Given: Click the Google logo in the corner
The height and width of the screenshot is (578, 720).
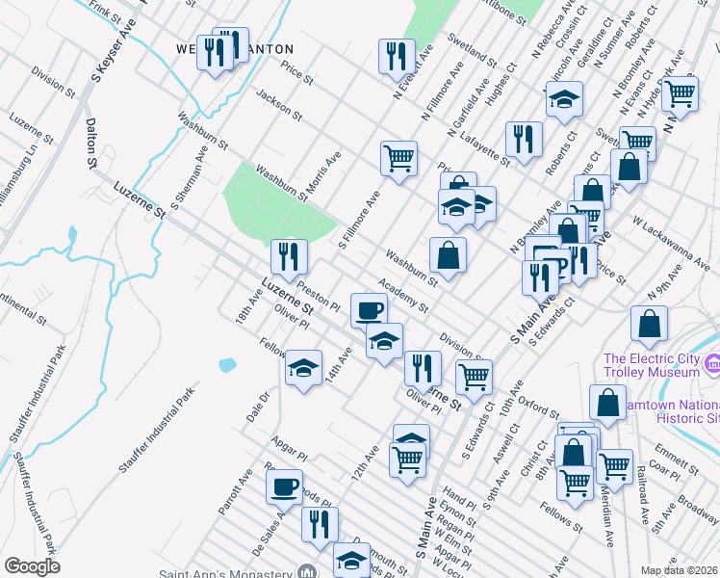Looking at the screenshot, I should click(32, 566).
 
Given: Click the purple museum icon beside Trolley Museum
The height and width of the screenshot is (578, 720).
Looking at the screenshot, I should click(711, 364).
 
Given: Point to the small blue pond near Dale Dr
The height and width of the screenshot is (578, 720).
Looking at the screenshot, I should click(227, 365).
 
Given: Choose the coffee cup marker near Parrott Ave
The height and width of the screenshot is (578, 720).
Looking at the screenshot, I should click(285, 486).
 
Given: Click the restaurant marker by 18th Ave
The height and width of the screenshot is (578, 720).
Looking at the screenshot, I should click(289, 256).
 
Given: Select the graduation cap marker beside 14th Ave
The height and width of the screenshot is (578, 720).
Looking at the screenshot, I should click(304, 367).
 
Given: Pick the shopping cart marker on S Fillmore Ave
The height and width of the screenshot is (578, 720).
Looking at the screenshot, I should click(399, 157).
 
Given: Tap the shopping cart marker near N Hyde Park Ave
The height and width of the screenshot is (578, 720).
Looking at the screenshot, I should click(680, 93).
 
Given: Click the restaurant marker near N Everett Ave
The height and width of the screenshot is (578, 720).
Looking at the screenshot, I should click(397, 56).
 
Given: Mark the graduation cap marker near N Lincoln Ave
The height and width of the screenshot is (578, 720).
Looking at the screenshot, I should click(564, 98).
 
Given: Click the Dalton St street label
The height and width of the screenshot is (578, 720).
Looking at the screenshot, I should click(92, 144).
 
